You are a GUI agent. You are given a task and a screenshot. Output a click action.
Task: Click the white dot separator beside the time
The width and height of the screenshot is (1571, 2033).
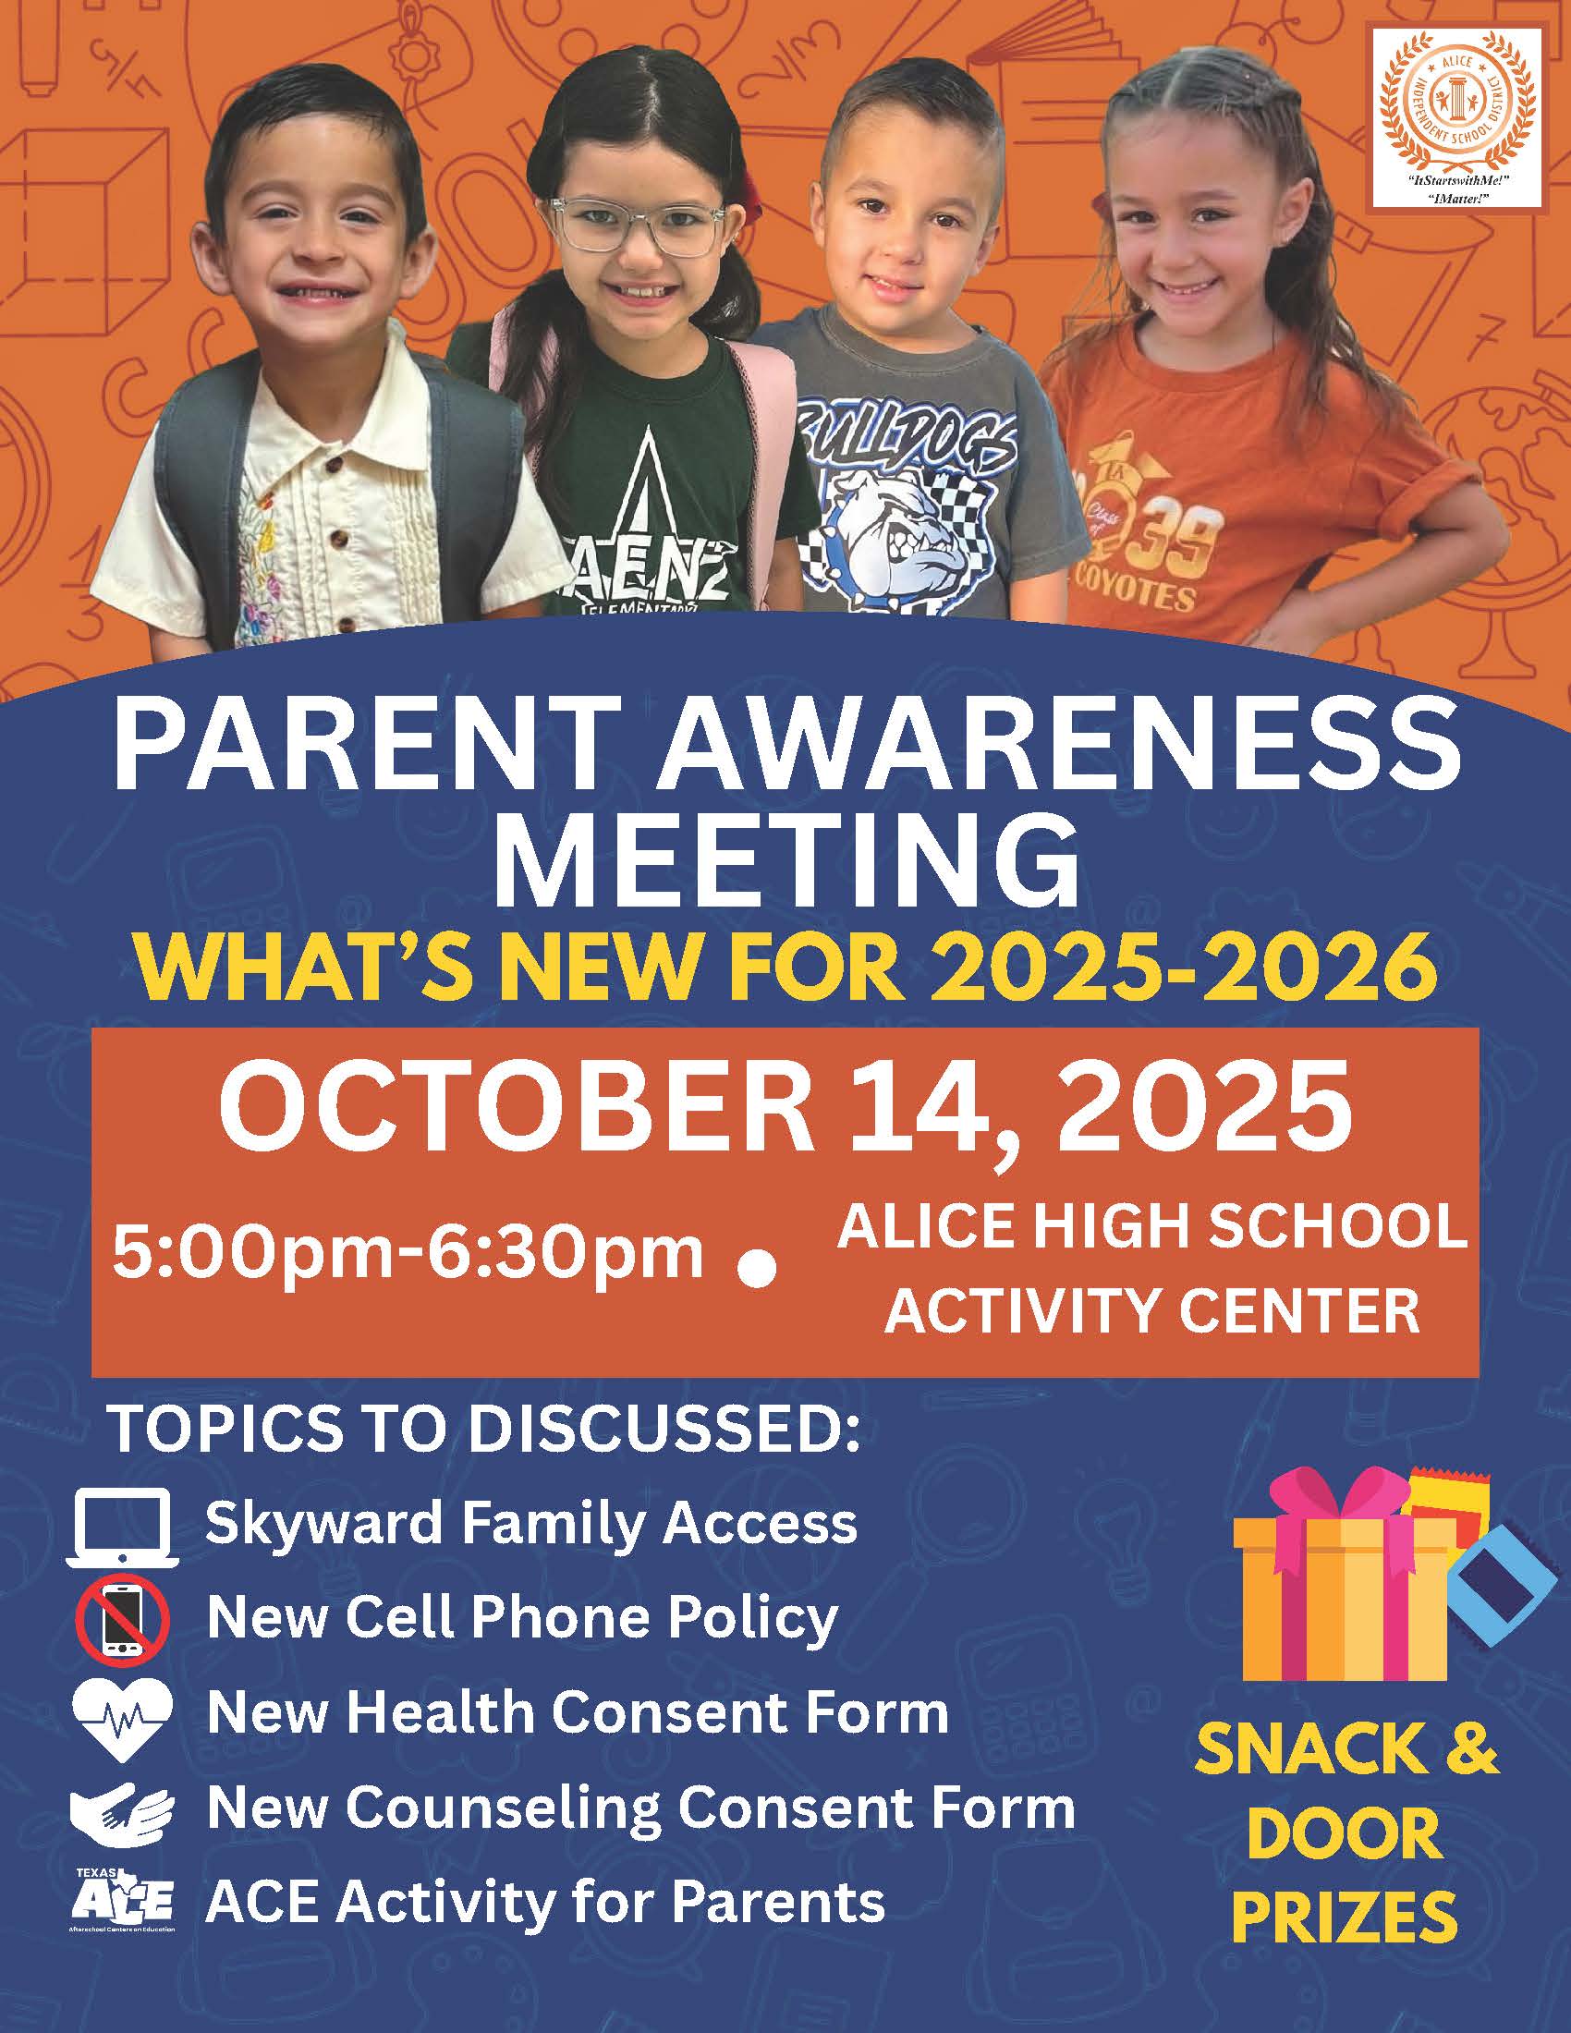(758, 1271)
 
